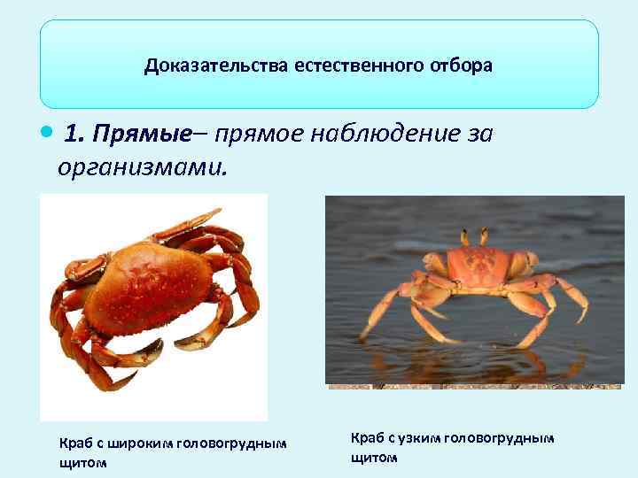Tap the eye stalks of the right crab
(x=473, y=236)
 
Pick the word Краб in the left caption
(x=74, y=443)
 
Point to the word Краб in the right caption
(x=368, y=438)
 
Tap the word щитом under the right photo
(x=375, y=457)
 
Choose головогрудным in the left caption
(x=232, y=443)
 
